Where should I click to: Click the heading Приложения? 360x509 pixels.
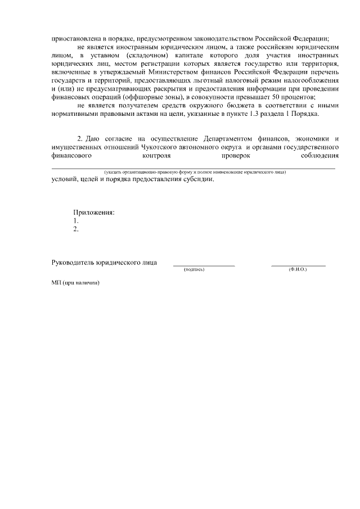coord(94,212)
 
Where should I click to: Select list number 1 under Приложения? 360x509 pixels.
coord(76,220)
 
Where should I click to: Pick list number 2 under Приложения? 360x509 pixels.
coord(76,229)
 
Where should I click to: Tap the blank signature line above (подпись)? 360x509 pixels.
coord(203,264)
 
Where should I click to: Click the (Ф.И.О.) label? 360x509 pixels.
coord(298,270)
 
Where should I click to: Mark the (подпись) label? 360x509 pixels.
coord(195,270)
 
